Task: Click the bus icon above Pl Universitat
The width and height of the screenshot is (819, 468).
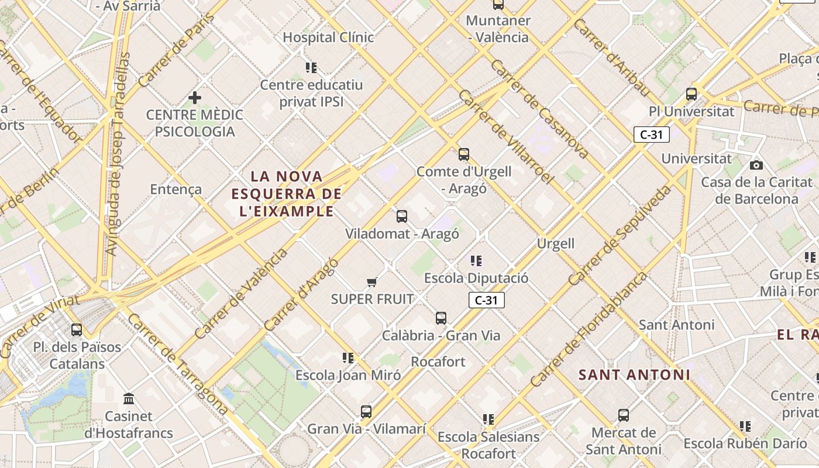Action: pos(691,94)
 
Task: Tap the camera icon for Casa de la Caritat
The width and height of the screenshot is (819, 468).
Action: pos(756,165)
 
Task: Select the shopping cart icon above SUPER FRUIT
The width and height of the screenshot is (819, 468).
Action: pos(371,283)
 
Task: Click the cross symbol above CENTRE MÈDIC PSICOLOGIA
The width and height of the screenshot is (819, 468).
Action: pos(195,97)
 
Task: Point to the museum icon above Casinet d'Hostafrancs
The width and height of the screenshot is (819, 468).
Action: pos(129,399)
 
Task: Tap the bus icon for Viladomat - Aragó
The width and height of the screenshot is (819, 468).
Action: pos(402,216)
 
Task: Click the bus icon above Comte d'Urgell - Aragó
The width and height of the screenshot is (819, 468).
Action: pos(464,154)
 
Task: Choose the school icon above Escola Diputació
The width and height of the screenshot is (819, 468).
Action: pos(476,260)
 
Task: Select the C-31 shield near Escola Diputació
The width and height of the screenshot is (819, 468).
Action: pos(486,301)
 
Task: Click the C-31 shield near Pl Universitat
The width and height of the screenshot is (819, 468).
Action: pos(651,135)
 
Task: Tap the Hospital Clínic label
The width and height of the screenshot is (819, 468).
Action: pos(328,37)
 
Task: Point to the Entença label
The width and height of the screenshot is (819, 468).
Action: pos(175,189)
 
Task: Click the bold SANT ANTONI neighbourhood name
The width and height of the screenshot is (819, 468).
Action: pos(634,374)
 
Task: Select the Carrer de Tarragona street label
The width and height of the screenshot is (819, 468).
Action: pos(177,364)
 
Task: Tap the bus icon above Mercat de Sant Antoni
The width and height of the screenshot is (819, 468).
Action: pos(624,415)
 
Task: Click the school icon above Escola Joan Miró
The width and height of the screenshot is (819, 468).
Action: pos(348,357)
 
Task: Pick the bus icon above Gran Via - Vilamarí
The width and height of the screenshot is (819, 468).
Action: pos(366,411)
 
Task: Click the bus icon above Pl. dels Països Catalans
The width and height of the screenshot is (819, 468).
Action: pos(77,329)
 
